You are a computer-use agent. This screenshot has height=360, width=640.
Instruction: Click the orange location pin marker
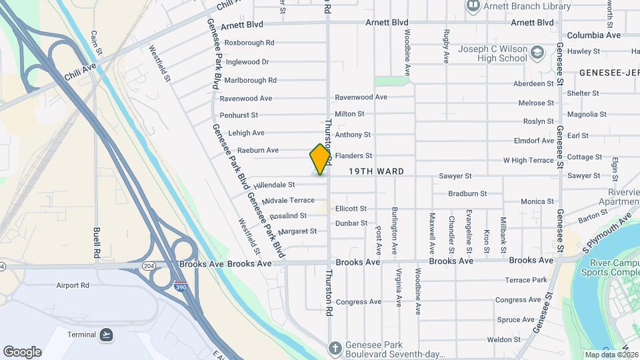(x=321, y=159)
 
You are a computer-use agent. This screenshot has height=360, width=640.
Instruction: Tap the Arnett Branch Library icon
(x=473, y=6)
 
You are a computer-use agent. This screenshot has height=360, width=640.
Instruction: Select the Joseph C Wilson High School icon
(x=537, y=52)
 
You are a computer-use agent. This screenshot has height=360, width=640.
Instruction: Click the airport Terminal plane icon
(x=107, y=334)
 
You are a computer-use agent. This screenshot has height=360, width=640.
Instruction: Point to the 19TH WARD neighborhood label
(x=376, y=172)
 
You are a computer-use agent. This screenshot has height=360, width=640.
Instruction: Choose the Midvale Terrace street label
(x=288, y=201)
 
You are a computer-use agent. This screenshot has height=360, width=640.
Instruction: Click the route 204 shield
(x=148, y=265)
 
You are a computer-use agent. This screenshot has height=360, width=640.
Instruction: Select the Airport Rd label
(x=73, y=285)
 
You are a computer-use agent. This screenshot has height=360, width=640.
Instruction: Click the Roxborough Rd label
(x=249, y=43)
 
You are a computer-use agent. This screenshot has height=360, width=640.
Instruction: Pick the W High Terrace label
(x=528, y=161)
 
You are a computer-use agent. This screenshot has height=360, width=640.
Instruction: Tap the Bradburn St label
(x=467, y=194)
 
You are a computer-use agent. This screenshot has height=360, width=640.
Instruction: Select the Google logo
(x=22, y=352)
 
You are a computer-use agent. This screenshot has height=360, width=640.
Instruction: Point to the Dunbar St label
(x=351, y=223)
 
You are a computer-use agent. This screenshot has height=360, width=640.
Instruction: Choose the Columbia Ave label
(x=593, y=35)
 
